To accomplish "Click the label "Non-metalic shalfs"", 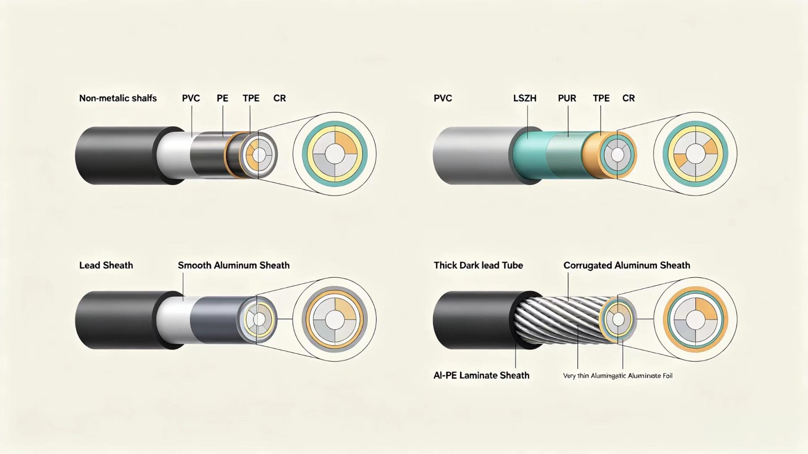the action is tap(118, 98).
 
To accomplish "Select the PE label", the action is tap(222, 98).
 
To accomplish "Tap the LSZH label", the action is tap(525, 98).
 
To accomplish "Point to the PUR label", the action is tap(567, 98).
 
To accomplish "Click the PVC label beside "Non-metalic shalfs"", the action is tap(191, 98).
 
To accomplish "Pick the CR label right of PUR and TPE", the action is tap(628, 98).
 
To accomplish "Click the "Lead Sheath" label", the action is tap(106, 265).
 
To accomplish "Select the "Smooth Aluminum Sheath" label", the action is tap(234, 265).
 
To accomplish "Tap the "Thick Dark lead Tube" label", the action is tap(478, 265).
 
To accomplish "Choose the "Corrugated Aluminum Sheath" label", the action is tap(627, 265).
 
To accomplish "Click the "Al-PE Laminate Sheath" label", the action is tap(481, 375).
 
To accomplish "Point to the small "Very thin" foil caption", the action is tap(617, 375).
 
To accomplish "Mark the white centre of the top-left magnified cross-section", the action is tap(335, 154).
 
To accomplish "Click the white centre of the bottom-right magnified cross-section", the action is tap(696, 320).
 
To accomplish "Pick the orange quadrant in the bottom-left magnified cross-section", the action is tap(346, 309).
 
